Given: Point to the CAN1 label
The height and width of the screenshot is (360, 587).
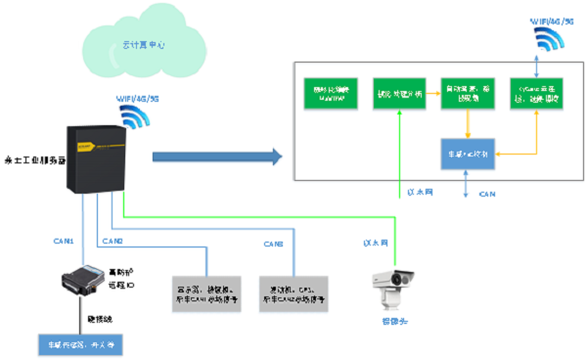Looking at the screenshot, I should pos(64,240).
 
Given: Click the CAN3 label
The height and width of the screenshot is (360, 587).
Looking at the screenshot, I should pos(273,243).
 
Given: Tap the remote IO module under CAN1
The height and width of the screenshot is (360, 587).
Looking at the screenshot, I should pos(81,287).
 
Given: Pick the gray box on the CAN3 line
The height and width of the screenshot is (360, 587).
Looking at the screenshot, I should pos(296,294).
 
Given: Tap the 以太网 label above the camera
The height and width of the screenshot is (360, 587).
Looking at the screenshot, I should pos(377,241).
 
